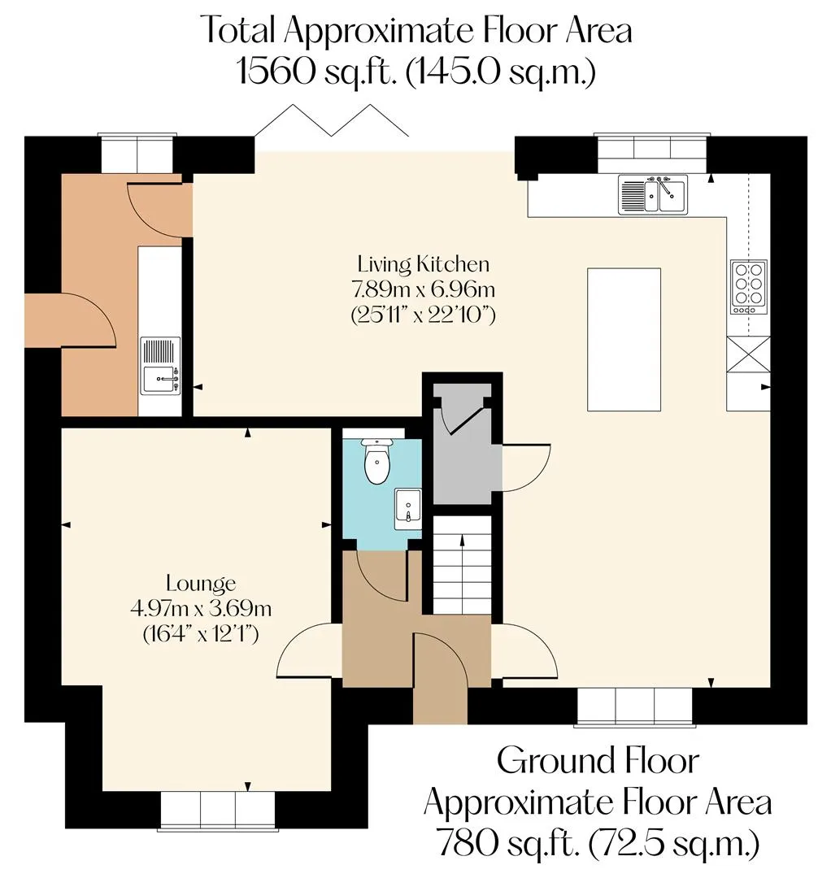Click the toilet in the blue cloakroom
(376, 461)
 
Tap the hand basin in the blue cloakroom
(409, 508)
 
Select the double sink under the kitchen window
(653, 194)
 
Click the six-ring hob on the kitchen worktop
(749, 287)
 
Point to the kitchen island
(624, 339)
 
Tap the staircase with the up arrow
(462, 564)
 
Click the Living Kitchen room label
(424, 263)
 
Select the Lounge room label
(201, 584)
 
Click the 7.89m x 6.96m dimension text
(424, 289)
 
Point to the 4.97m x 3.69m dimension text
(201, 608)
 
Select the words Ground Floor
(598, 761)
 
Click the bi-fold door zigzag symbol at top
(332, 120)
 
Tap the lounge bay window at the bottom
(218, 810)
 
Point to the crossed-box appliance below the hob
(748, 354)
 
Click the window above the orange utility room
(137, 153)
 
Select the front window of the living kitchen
(635, 706)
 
